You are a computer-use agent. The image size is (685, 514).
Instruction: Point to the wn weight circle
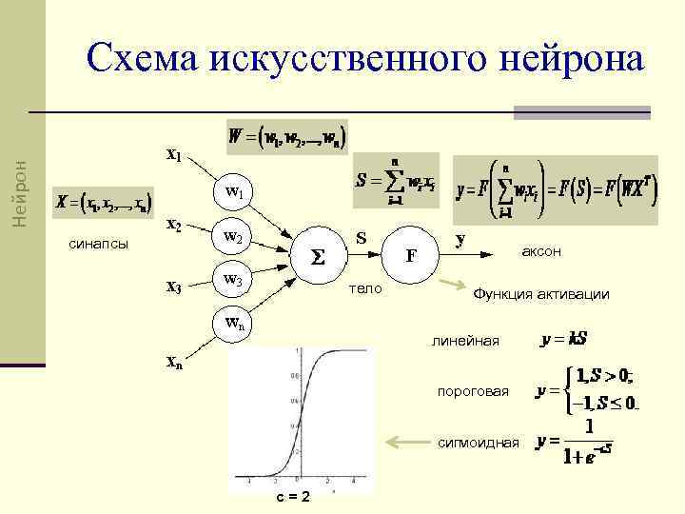(233, 323)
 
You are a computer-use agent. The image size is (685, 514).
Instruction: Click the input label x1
(174, 153)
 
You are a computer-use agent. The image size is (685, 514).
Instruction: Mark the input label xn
(174, 362)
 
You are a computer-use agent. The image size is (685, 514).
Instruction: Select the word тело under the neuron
(365, 287)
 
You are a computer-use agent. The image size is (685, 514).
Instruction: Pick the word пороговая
(473, 390)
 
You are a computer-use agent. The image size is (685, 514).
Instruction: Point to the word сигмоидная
(479, 443)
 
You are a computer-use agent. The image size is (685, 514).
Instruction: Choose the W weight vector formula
(287, 136)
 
